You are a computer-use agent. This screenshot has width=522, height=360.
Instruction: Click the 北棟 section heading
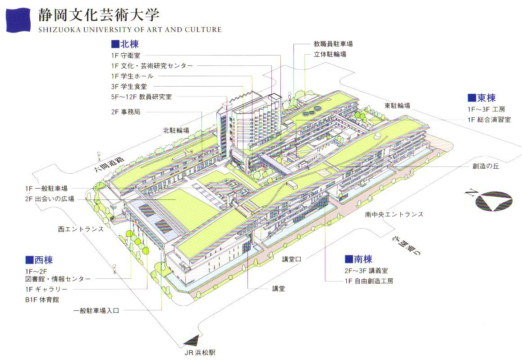click(x=124, y=44)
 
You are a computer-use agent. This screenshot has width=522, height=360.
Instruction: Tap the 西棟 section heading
click(x=39, y=260)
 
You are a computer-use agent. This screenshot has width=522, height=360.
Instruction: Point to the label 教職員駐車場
click(x=333, y=44)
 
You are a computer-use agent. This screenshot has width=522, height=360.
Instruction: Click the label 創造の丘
click(x=485, y=166)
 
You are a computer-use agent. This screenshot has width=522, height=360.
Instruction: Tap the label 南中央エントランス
click(x=394, y=214)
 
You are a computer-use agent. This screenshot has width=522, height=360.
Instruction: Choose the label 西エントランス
click(x=81, y=229)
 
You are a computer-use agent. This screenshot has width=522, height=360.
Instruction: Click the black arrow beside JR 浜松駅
click(x=191, y=340)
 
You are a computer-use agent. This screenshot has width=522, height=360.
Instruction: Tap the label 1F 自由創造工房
click(x=368, y=281)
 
